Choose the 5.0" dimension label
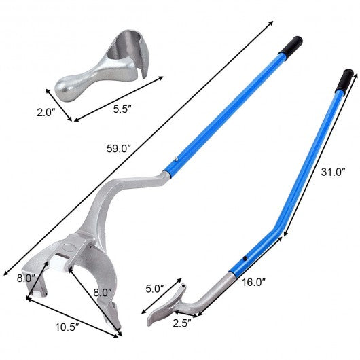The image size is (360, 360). pyautogui.click(x=154, y=288)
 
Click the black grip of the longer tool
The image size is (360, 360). pyautogui.click(x=293, y=45)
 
